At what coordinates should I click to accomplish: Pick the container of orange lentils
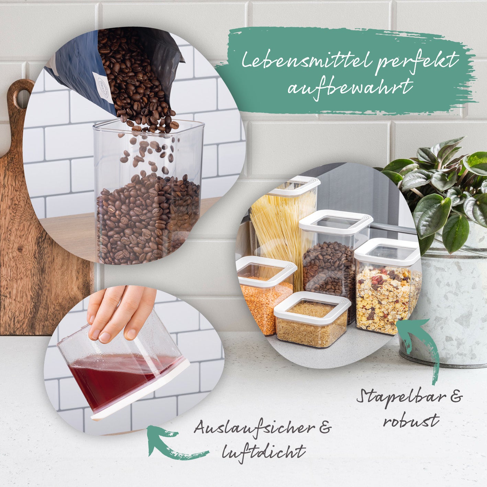(x=265, y=295)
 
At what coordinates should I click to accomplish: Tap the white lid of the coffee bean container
(x=336, y=221)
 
